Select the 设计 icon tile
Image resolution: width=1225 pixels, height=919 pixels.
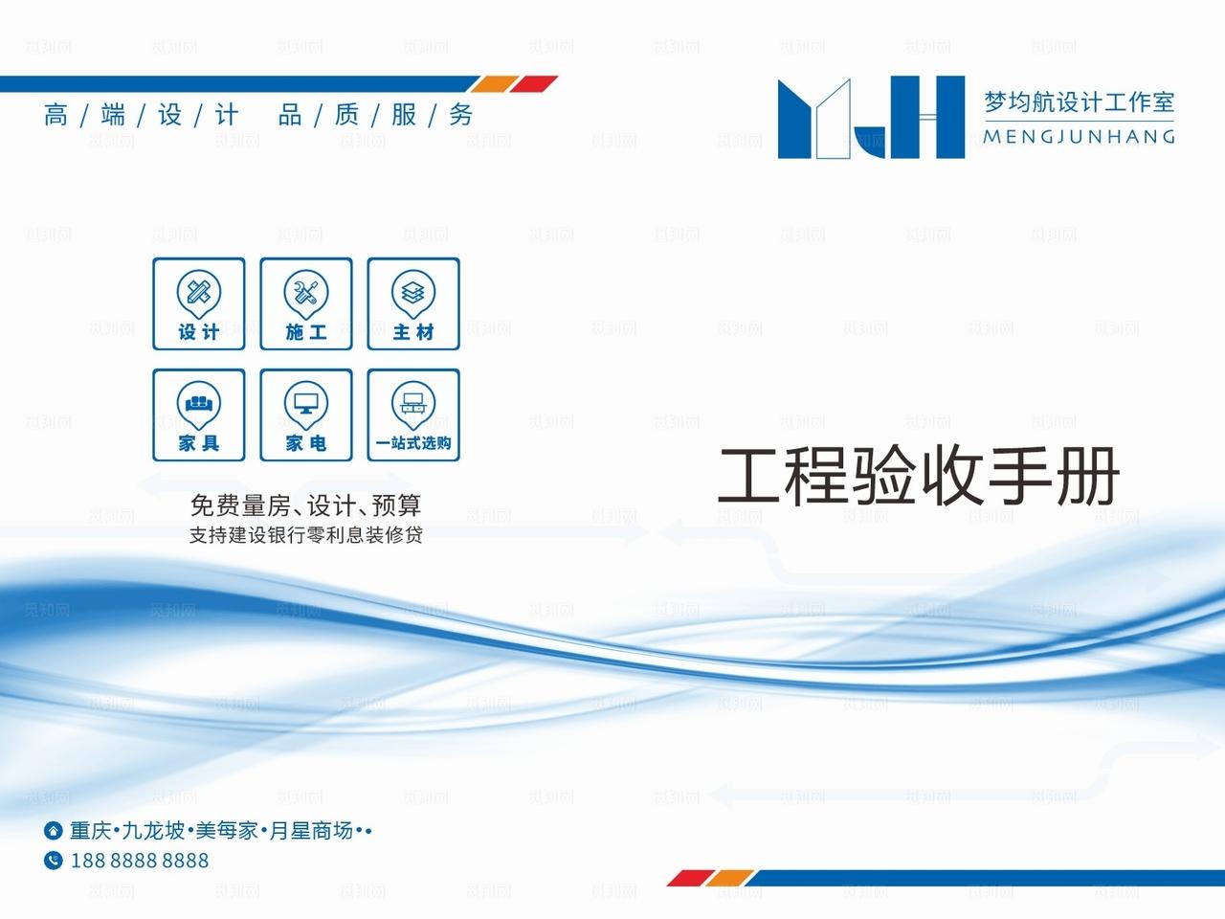click(x=199, y=303)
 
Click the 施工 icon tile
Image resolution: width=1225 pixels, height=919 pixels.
click(x=306, y=303)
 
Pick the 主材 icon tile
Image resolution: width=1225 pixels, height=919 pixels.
click(x=413, y=303)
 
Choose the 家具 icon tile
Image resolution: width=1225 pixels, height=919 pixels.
click(x=199, y=415)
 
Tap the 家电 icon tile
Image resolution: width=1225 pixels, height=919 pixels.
click(x=306, y=415)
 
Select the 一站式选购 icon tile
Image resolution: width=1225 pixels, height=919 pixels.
click(x=413, y=415)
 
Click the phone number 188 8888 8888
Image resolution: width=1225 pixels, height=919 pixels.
click(x=140, y=861)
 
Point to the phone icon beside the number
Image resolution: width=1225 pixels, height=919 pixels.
click(x=54, y=861)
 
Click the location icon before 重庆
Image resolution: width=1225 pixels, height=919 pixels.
click(x=54, y=830)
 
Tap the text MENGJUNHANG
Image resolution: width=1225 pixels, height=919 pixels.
click(x=1079, y=137)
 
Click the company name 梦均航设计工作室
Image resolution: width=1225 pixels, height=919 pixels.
click(x=1079, y=101)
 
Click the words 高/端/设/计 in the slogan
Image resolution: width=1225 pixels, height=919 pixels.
click(x=141, y=116)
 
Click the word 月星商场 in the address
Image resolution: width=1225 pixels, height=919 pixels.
click(x=310, y=830)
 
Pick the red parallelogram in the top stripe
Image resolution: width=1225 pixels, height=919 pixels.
click(x=533, y=84)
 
